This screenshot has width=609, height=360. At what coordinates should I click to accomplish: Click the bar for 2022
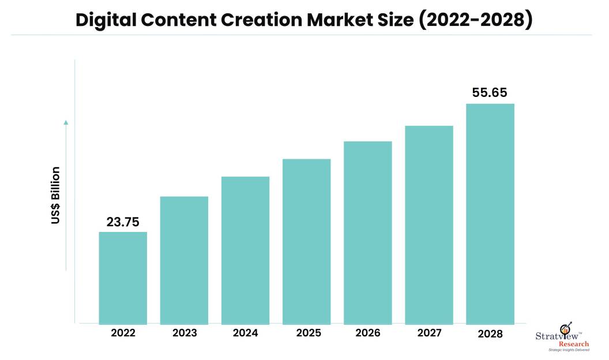(x=123, y=277)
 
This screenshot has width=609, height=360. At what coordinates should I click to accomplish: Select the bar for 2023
(x=184, y=260)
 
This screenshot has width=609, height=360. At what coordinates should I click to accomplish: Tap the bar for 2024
(x=245, y=250)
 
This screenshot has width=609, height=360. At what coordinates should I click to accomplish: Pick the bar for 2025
(x=306, y=241)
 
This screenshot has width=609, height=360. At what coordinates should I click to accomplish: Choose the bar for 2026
(x=367, y=232)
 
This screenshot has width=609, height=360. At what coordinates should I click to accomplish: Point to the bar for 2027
(x=428, y=224)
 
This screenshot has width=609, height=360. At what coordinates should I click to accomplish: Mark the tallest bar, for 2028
(x=490, y=213)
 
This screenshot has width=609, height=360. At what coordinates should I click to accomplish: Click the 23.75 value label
(x=123, y=222)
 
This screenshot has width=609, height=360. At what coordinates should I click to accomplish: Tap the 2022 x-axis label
(x=123, y=333)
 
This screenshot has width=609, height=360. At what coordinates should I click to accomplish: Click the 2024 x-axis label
(x=245, y=333)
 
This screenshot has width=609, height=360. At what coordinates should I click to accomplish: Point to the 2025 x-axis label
(x=306, y=333)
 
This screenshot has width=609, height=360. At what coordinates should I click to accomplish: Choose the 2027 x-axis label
(x=428, y=333)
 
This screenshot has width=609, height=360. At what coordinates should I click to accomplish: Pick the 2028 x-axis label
(x=490, y=334)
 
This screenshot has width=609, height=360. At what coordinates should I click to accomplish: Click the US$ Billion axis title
(x=55, y=195)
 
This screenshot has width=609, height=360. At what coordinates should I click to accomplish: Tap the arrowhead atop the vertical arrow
(x=66, y=122)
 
